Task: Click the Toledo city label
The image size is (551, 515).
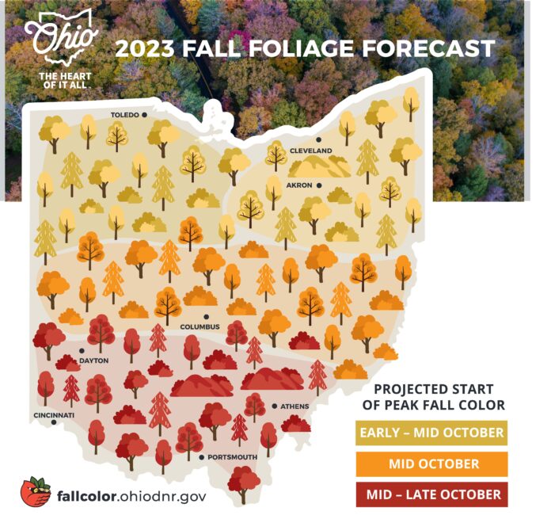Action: coord(124,115)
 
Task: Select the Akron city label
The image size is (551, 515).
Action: coord(302,185)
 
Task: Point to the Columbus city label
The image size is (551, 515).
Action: coord(199,326)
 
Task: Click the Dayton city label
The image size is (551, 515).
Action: coord(93,360)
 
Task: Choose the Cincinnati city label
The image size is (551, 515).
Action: coord(54,414)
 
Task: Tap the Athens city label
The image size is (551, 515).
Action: coord(294,406)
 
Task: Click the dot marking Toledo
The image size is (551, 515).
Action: coord(146,115)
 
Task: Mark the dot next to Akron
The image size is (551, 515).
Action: coord(319,185)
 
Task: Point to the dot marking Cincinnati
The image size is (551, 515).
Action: coord(54,422)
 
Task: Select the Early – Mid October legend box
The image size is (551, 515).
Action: coord(431,433)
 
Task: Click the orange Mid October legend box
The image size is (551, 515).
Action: coord(431,463)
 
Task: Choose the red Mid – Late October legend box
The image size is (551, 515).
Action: coord(431,494)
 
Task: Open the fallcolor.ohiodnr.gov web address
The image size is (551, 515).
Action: coord(131,496)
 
